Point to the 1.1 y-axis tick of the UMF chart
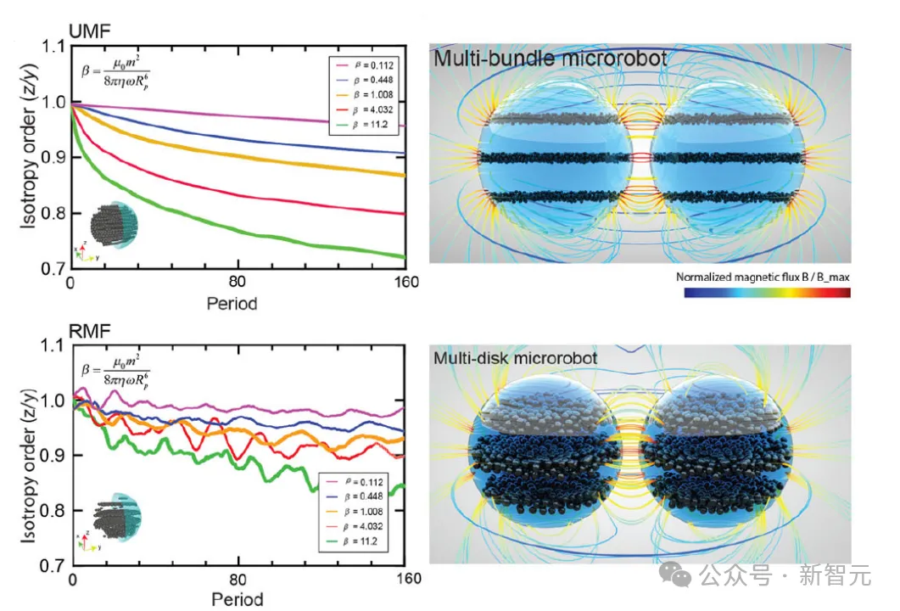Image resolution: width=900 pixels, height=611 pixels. tap(55, 48)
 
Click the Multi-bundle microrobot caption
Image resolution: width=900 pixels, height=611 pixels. tap(550, 59)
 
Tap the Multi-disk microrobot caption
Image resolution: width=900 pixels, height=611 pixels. tap(515, 357)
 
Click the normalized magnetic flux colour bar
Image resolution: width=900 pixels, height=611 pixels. tap(767, 293)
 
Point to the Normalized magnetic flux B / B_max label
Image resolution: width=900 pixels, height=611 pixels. tap(763, 277)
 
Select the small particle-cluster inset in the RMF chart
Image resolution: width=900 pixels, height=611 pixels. tap(115, 518)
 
